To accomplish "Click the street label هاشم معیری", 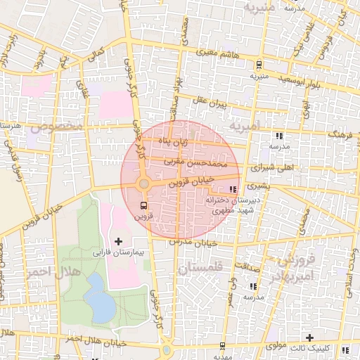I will pyautogui.click(x=217, y=52).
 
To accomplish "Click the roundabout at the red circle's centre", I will pyautogui.click(x=143, y=184).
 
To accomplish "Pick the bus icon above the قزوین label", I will pyautogui.click(x=144, y=206).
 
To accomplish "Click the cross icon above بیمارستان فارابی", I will pyautogui.click(x=118, y=241).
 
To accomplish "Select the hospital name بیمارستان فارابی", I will pyautogui.click(x=118, y=252).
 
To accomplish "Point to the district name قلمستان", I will pyautogui.click(x=200, y=268).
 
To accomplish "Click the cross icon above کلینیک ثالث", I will pyautogui.click(x=309, y=337).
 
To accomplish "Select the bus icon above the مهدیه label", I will pyautogui.click(x=223, y=345).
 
